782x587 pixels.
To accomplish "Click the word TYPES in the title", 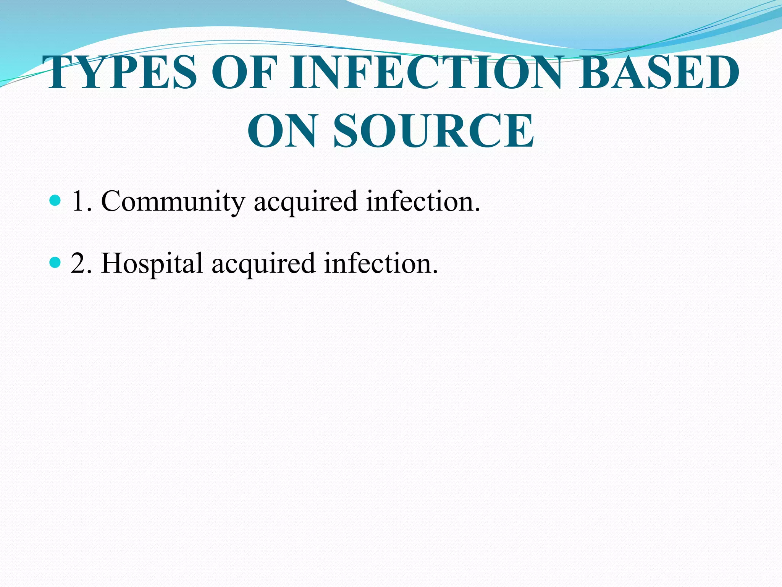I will click(x=121, y=73).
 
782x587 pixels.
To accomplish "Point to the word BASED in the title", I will click(x=659, y=73).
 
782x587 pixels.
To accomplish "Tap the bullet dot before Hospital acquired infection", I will click(x=55, y=262).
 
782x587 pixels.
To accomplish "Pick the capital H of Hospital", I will click(x=111, y=263).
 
